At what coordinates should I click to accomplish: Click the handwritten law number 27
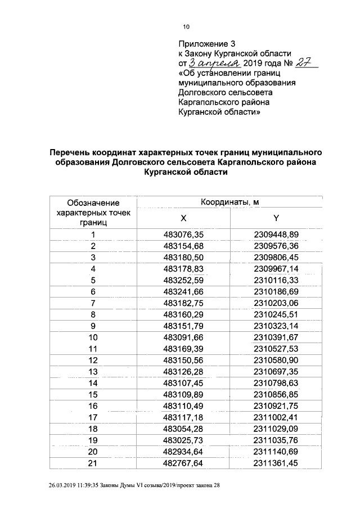tap(305, 63)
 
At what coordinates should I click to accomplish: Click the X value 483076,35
tap(183, 235)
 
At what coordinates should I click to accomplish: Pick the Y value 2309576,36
tap(276, 246)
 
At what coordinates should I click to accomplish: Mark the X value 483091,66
tap(183, 337)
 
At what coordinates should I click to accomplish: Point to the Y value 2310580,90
tap(276, 360)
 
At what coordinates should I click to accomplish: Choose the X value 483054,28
tap(183, 429)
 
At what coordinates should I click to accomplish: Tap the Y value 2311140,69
tap(276, 451)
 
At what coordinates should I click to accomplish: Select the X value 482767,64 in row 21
tap(183, 463)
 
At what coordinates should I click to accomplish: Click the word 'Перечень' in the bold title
tap(73, 152)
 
